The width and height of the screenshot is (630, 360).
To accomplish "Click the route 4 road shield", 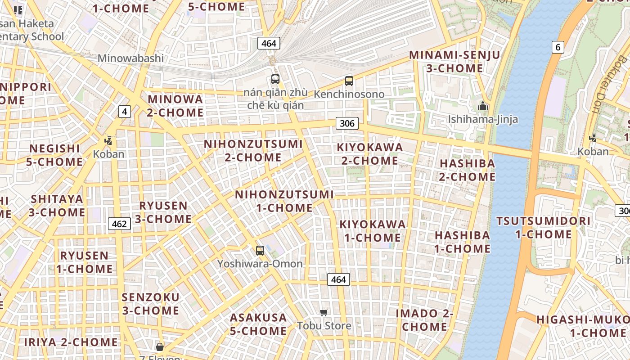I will (x=125, y=112).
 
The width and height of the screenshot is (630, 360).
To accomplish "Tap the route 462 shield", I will (x=119, y=224).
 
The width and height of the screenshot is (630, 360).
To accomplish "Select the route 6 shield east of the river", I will (x=558, y=47).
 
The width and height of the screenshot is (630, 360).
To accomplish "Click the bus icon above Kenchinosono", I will (x=349, y=81).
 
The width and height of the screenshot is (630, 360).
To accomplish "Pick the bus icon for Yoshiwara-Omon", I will (x=260, y=251).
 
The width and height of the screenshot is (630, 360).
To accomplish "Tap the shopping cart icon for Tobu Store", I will (x=324, y=312).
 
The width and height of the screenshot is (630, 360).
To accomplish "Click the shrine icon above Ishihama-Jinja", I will (x=483, y=106).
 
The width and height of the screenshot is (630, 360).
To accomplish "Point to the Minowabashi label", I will (x=130, y=58).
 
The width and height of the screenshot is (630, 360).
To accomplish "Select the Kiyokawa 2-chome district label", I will (x=370, y=154).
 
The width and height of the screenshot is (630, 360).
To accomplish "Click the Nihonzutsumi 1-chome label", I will (x=284, y=201).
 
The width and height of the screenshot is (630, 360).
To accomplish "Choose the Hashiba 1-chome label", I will (x=462, y=242).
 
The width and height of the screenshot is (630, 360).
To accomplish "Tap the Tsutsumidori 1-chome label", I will (x=543, y=228).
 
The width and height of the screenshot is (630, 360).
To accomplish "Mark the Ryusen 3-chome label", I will (x=163, y=212).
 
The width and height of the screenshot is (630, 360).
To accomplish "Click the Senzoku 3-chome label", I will (x=150, y=304).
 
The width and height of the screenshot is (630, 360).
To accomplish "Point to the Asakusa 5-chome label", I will (x=258, y=324).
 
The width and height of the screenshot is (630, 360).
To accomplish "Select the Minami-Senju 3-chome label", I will (x=454, y=62).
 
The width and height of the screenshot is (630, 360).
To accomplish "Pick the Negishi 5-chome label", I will (x=54, y=155).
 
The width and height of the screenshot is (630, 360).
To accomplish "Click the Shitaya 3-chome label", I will (x=57, y=205).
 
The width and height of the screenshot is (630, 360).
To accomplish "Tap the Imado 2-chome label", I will (x=424, y=320).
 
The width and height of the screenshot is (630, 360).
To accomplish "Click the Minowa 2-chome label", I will (x=175, y=105).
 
